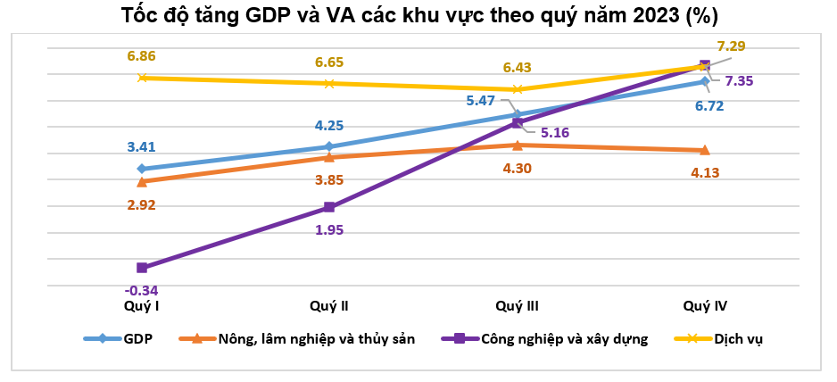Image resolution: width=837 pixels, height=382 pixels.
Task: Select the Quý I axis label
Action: coord(142,306)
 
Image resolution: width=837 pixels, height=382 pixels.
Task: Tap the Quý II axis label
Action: coord(328,306)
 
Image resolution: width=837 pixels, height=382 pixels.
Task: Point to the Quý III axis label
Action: coord(517,306)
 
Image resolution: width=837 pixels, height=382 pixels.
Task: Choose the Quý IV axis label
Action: coord(705,306)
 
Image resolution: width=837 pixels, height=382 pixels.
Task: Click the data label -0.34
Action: coord(141,290)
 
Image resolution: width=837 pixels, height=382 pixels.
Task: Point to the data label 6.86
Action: coord(141,55)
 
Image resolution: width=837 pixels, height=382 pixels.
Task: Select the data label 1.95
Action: coord(328,229)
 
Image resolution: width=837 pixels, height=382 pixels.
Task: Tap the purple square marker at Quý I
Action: coord(142,268)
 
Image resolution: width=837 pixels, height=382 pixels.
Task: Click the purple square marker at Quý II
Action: coord(329,207)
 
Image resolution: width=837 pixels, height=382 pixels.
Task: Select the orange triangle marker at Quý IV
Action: coord(705,150)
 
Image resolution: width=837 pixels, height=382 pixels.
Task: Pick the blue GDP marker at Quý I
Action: coord(142,169)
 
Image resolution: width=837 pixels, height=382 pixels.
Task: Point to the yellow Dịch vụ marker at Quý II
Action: coord(329,84)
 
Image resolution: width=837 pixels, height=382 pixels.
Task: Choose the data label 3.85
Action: coord(328,179)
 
